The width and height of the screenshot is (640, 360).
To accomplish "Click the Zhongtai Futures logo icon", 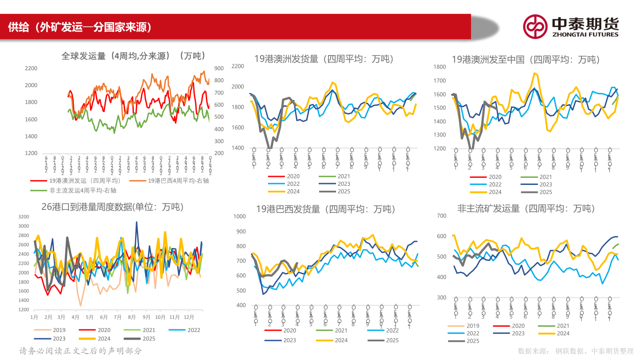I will [535, 27].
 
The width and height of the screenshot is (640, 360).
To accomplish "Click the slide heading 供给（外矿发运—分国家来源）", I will [80, 27].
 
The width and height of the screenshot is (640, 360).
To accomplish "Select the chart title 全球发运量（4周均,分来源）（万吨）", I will [133, 56].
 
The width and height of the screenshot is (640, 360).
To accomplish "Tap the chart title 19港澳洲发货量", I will [324, 59].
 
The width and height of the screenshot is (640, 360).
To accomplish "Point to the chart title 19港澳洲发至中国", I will [526, 59].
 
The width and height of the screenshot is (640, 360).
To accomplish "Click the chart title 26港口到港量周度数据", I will [112, 207].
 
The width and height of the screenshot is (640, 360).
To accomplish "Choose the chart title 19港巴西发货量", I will [326, 209].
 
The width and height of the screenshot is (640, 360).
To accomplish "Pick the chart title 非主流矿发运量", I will [526, 208].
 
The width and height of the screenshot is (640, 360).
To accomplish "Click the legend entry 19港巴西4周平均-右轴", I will [178, 181].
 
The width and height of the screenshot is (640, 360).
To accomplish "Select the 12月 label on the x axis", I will [188, 317].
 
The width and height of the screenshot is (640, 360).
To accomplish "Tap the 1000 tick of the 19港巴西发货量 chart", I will [239, 216].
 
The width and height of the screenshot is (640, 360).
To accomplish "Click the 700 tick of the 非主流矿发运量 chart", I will [441, 216].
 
